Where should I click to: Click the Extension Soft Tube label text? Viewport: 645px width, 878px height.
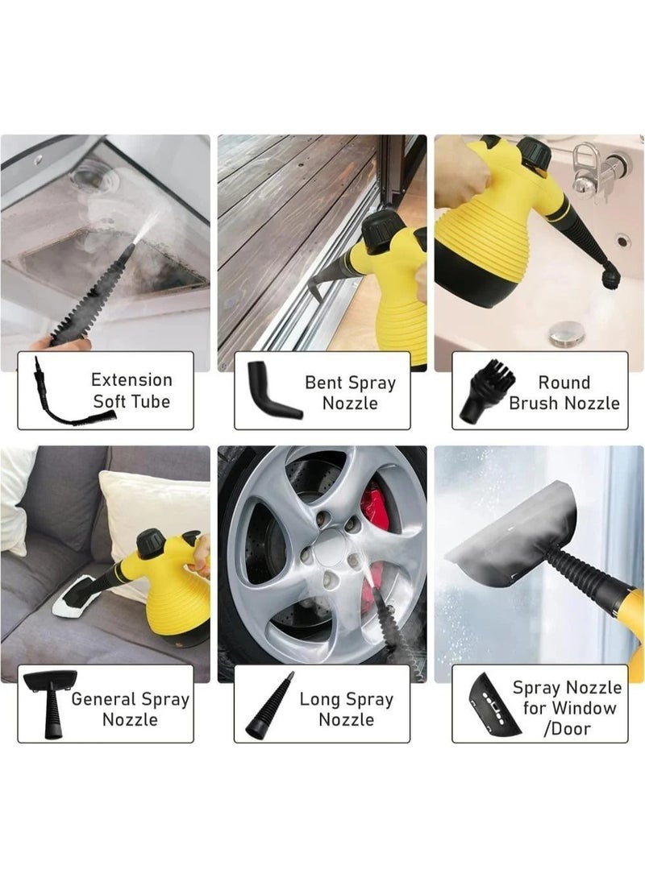click(x=131, y=391)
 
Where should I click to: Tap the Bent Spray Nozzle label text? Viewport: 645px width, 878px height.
click(x=350, y=392)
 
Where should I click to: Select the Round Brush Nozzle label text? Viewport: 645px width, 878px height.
click(x=564, y=392)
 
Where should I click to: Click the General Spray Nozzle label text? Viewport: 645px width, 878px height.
click(x=130, y=708)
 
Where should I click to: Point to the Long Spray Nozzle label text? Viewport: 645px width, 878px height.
click(x=346, y=709)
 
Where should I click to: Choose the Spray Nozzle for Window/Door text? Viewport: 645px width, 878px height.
click(x=568, y=708)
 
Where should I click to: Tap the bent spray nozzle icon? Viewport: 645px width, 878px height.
click(x=271, y=391)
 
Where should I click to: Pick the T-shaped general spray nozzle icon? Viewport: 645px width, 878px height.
click(x=50, y=702)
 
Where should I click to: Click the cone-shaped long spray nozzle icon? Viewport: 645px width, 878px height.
click(x=269, y=706)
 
